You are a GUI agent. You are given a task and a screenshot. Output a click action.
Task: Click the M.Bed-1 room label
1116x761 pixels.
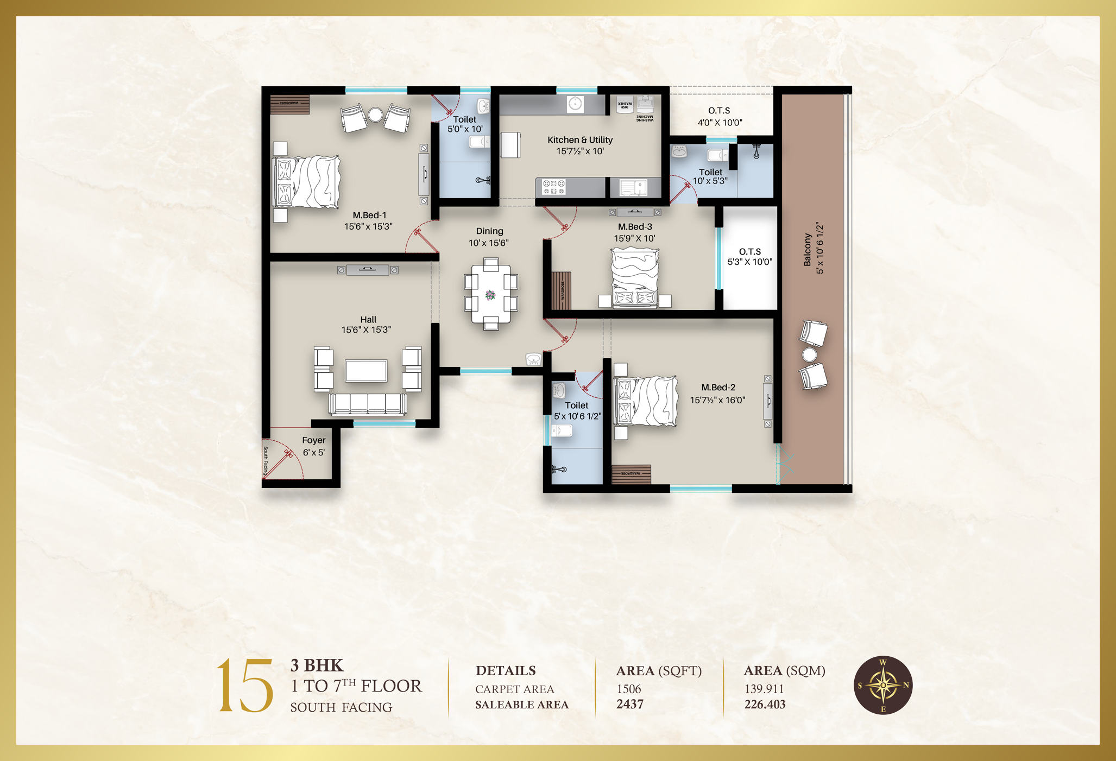[369, 215]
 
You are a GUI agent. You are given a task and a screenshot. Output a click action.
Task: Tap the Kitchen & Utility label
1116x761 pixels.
[580, 140]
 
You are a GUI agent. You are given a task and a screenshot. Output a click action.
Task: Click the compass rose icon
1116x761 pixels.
[883, 685]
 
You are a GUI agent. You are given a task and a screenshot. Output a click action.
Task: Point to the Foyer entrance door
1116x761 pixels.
[279, 461]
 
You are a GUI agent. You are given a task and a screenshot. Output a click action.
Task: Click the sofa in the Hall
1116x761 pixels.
[368, 404]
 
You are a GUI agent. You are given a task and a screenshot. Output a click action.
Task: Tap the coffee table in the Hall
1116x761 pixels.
[367, 371]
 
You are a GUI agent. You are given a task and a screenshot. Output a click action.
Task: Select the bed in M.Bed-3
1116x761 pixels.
[635, 277]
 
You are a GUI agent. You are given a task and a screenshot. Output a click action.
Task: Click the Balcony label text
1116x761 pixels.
[808, 250]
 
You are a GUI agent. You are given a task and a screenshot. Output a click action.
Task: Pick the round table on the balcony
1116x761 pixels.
[809, 354]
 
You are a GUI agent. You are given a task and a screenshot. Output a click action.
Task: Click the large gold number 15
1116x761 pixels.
[245, 685]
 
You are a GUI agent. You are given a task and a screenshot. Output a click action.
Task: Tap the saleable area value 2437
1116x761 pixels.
[630, 705]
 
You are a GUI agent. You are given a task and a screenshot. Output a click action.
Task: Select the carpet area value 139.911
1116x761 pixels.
[764, 689]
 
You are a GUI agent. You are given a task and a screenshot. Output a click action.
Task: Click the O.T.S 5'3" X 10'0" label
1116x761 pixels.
[749, 257]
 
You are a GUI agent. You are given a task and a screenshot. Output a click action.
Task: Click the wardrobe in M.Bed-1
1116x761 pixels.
[289, 104]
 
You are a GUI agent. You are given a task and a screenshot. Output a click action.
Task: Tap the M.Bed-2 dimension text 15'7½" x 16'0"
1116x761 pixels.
[717, 401]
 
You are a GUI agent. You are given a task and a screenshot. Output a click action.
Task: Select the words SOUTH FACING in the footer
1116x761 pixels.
[341, 707]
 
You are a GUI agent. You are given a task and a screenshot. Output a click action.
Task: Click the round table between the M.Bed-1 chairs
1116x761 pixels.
[375, 115]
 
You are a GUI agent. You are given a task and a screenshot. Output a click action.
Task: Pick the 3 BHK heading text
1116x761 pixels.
[317, 665]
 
